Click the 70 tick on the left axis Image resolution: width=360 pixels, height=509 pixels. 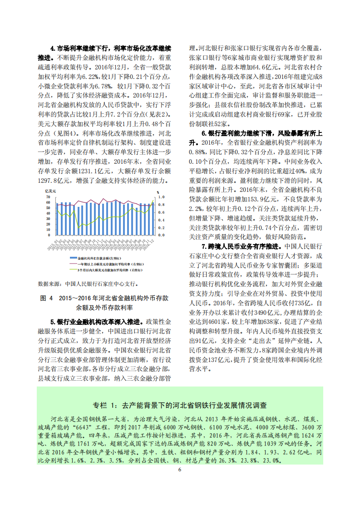pyautogui.click(x=48, y=197)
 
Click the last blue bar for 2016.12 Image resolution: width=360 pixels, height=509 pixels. pyautogui.click(x=153, y=219)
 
